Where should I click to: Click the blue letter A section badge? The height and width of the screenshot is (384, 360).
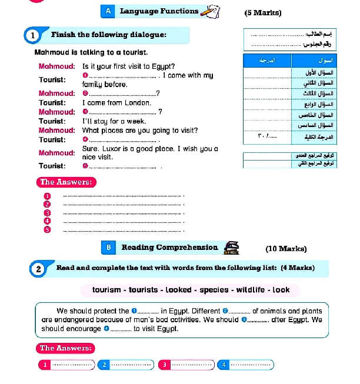[108, 11]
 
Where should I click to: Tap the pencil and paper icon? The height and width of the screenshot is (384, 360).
[211, 11]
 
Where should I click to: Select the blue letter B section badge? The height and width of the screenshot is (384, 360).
[108, 248]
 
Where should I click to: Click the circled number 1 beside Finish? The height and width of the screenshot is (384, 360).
[33, 36]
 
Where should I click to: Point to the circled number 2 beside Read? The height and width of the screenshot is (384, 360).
[38, 269]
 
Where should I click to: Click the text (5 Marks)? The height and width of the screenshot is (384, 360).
[262, 13]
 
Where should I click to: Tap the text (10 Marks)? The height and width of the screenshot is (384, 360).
[286, 249]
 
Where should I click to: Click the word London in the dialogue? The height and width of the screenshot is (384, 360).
[138, 103]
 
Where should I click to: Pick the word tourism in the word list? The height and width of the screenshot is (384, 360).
[107, 290]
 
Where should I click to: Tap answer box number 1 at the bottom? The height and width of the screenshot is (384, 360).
[67, 365]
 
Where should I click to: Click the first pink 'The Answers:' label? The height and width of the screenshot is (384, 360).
[66, 182]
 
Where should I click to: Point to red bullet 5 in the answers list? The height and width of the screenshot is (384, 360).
[48, 230]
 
